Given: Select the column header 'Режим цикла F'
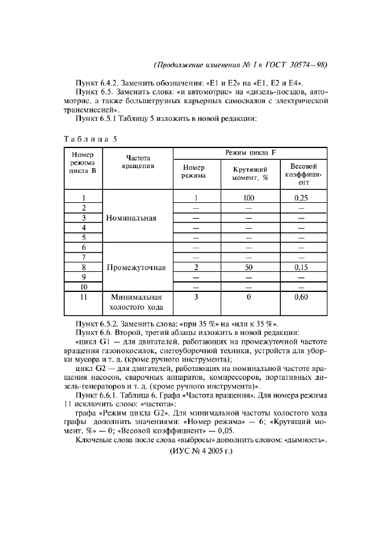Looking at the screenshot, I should click(250, 153).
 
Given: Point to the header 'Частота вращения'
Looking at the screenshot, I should click(137, 162).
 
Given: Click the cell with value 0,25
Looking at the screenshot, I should click(301, 198).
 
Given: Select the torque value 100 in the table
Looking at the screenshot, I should click(248, 198).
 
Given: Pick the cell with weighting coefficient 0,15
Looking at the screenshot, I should click(301, 267).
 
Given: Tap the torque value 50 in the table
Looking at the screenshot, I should click(248, 267).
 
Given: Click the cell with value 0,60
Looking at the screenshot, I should click(301, 297).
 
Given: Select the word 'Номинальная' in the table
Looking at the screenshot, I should click(132, 218).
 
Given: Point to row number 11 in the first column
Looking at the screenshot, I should click(83, 297).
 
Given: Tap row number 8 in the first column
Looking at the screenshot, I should click(83, 267).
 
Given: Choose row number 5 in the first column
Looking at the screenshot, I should click(83, 237).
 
